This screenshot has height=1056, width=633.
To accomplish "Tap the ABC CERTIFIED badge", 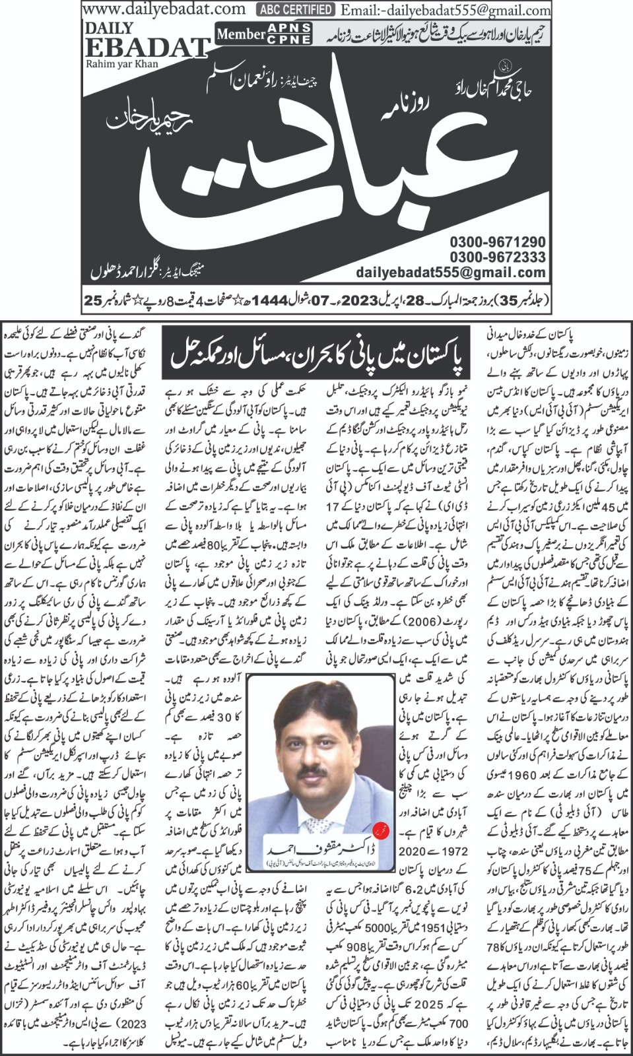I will [296, 9].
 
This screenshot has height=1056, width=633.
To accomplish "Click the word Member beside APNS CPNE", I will [241, 34].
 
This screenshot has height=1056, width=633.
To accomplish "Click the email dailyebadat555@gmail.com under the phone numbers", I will [451, 272].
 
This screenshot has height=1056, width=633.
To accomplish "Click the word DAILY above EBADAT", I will [109, 28].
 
